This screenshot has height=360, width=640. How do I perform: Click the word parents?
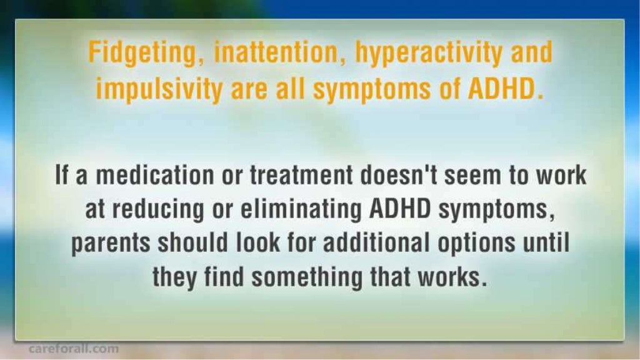click(x=111, y=244)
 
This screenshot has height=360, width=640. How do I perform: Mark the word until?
click(x=547, y=244)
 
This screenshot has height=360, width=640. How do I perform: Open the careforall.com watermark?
click(x=73, y=349)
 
